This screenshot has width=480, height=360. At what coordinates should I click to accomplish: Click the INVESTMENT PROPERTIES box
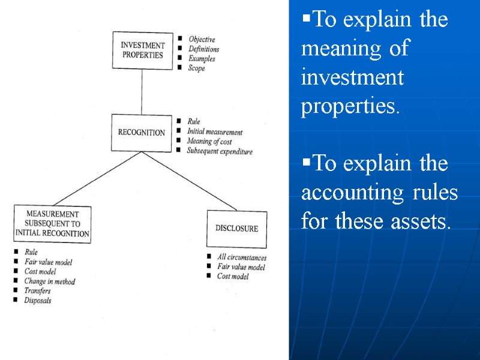tap(143, 50)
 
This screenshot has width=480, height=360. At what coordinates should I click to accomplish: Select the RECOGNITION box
tap(141, 133)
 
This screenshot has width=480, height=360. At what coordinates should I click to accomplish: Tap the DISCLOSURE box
tap(236, 229)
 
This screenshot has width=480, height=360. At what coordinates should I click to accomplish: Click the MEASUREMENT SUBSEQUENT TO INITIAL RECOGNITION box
tap(52, 224)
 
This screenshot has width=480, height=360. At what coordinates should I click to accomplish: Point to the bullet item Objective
tap(202, 40)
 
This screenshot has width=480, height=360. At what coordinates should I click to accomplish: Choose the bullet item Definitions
tap(203, 49)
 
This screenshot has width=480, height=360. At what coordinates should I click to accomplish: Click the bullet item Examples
tap(202, 59)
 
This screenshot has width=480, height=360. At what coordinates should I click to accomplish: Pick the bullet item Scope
tap(196, 68)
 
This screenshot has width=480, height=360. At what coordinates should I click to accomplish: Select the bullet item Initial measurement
tap(215, 132)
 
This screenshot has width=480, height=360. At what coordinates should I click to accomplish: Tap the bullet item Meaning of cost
tap(208, 142)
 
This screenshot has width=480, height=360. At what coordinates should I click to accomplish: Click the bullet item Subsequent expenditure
tap(220, 152)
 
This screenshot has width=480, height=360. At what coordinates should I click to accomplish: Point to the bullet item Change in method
tap(50, 281)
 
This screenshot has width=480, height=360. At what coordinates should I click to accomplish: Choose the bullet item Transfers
tap(37, 291)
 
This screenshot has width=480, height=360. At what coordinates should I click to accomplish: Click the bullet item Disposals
tap(38, 301)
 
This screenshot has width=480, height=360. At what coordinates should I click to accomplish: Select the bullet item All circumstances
tap(241, 258)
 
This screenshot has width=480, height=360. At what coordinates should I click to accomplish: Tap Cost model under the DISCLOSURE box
tap(233, 277)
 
